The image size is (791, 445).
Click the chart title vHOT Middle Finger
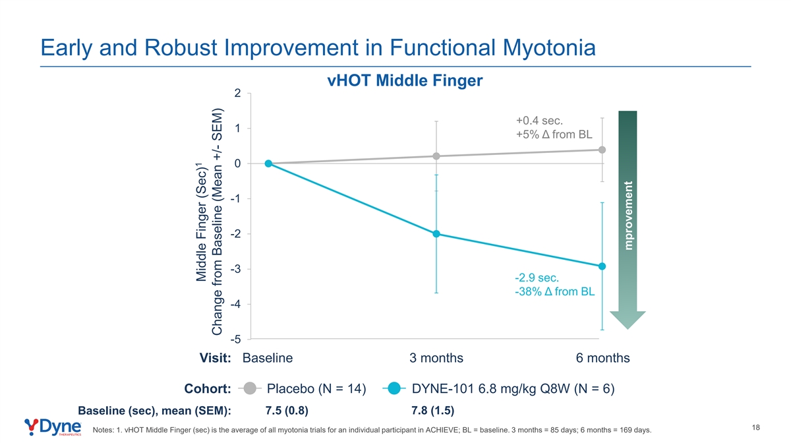pos(405,80)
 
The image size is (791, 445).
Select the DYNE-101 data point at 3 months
pos(436,234)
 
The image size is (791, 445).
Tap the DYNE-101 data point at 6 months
pos(602,266)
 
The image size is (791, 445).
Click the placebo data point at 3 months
pos(436,156)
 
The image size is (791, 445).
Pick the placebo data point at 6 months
pos(602,150)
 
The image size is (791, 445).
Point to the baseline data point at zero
pos(268,163)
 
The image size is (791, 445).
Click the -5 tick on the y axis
pos(235,340)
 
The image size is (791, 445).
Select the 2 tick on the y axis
pos(238,93)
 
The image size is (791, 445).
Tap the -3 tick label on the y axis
pos(235,269)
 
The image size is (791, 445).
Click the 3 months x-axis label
pos(436,358)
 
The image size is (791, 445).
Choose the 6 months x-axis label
pos(602,358)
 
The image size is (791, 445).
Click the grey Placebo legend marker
pos(250,388)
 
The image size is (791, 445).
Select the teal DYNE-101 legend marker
pos(394,388)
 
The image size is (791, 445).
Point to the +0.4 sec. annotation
pos(539,121)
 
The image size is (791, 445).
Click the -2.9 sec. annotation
pos(537,278)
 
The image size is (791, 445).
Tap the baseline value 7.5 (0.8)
pos(287,411)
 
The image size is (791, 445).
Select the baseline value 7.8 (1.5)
pos(432,411)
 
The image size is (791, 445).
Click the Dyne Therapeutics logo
pos(53,427)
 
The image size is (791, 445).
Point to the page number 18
pos(755,428)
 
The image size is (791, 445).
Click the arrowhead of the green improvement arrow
pos(628,319)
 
